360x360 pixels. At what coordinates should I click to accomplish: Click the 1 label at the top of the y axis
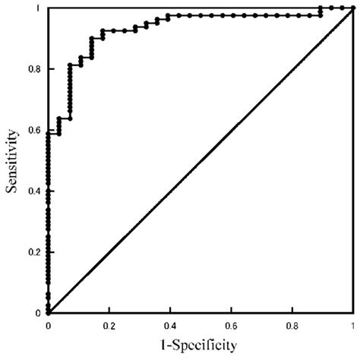coord(39,8)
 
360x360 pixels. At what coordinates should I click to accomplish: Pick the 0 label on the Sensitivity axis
coord(39,312)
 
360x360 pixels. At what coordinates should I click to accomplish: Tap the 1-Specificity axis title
coord(200,344)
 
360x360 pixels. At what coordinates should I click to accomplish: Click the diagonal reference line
coord(201,160)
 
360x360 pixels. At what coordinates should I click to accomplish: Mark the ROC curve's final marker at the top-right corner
coord(352,8)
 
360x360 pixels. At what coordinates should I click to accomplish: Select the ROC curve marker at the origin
coord(48,312)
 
